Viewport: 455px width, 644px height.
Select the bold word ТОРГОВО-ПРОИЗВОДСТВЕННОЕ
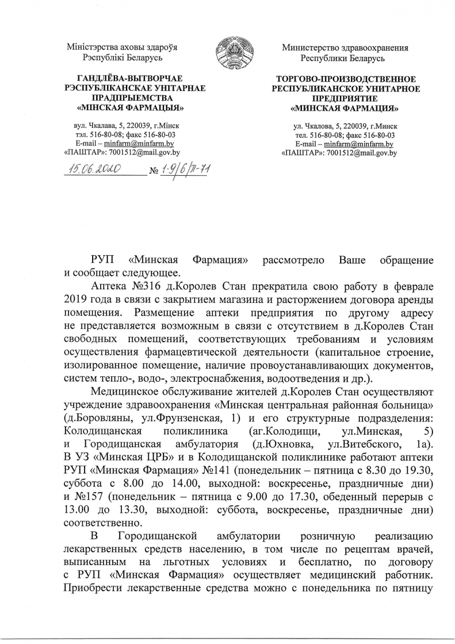coord(346,79)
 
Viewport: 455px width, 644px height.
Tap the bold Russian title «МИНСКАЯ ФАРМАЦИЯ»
coord(346,108)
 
